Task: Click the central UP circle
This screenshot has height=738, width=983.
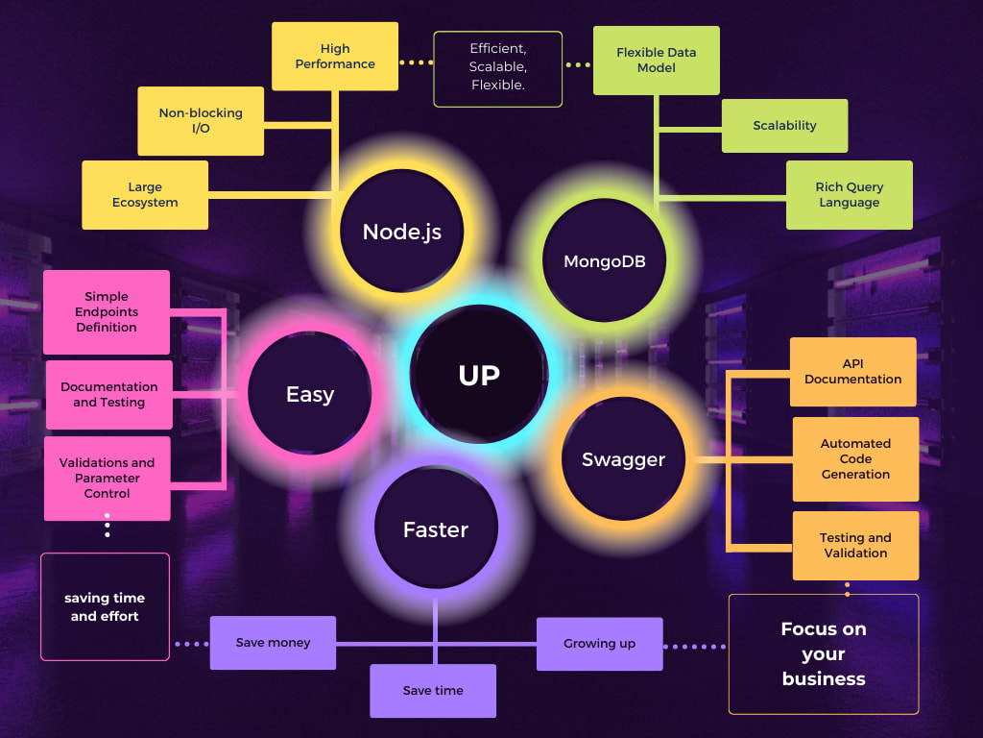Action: pos(479,375)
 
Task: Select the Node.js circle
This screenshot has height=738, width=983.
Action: pos(402,232)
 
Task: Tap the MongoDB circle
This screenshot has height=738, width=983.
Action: pos(604,261)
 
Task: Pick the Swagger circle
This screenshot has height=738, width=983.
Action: pos(623,459)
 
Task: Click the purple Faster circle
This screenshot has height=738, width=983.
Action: pos(436,529)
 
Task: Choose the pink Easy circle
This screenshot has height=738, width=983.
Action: pos(310,394)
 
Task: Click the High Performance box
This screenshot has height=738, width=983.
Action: pos(335,57)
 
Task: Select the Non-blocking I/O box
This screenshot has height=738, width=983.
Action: pos(201,121)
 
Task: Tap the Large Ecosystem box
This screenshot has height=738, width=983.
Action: pos(145,195)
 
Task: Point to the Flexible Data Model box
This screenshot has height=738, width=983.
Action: pos(657,61)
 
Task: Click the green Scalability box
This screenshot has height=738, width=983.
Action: pos(784,126)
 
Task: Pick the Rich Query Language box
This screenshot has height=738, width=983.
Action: pos(850,195)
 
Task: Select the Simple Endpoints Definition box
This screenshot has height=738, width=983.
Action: pos(107,312)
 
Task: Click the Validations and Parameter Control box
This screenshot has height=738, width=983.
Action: pos(107,479)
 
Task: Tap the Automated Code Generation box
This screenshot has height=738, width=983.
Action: pos(855,459)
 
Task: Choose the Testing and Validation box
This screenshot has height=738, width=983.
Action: pos(855,546)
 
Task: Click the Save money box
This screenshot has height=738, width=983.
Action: pos(274,643)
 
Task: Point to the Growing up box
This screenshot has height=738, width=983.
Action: pos(599,644)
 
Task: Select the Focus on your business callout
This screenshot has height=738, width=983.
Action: pos(824,654)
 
